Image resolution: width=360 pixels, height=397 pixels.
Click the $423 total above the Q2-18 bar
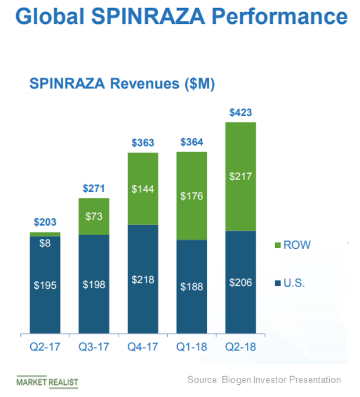[240, 112]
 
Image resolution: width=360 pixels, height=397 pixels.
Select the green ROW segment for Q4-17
[142, 189]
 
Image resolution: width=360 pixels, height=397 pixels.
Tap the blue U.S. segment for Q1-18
[191, 287]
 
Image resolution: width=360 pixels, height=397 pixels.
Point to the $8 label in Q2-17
[45, 243]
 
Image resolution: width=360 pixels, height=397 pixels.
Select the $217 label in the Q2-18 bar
[240, 176]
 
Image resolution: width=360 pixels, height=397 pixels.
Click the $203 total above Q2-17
[45, 222]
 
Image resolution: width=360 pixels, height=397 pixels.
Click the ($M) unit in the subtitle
[199, 84]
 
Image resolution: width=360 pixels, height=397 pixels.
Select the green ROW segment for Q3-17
[93, 216]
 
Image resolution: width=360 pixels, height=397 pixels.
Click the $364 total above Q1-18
[191, 142]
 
